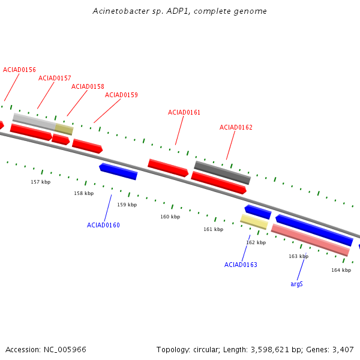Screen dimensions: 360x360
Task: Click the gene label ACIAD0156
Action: [19, 70]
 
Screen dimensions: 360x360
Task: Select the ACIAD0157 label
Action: [55, 78]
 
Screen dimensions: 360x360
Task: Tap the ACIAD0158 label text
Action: [88, 86]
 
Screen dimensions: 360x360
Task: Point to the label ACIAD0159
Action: [121, 95]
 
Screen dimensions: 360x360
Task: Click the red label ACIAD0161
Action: [184, 113]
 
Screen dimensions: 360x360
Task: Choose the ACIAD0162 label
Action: [236, 127]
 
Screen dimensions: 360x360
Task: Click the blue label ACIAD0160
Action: [103, 225]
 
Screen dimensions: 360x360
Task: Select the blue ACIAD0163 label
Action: [241, 265]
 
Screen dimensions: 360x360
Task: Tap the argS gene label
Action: [296, 284]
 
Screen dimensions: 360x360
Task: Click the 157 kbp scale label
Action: [41, 182]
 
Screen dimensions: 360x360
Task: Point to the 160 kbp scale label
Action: [170, 217]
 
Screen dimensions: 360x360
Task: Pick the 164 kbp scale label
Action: [341, 270]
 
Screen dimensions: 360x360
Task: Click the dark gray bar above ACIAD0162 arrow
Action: [222, 173]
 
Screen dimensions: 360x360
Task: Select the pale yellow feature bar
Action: [254, 222]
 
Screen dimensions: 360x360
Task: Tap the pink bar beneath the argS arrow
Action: [310, 240]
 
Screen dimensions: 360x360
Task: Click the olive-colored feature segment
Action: [64, 129]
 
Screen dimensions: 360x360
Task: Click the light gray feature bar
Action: [34, 121]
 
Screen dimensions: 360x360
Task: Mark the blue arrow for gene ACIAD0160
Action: [118, 172]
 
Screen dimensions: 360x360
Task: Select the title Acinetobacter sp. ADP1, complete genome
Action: [179, 11]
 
